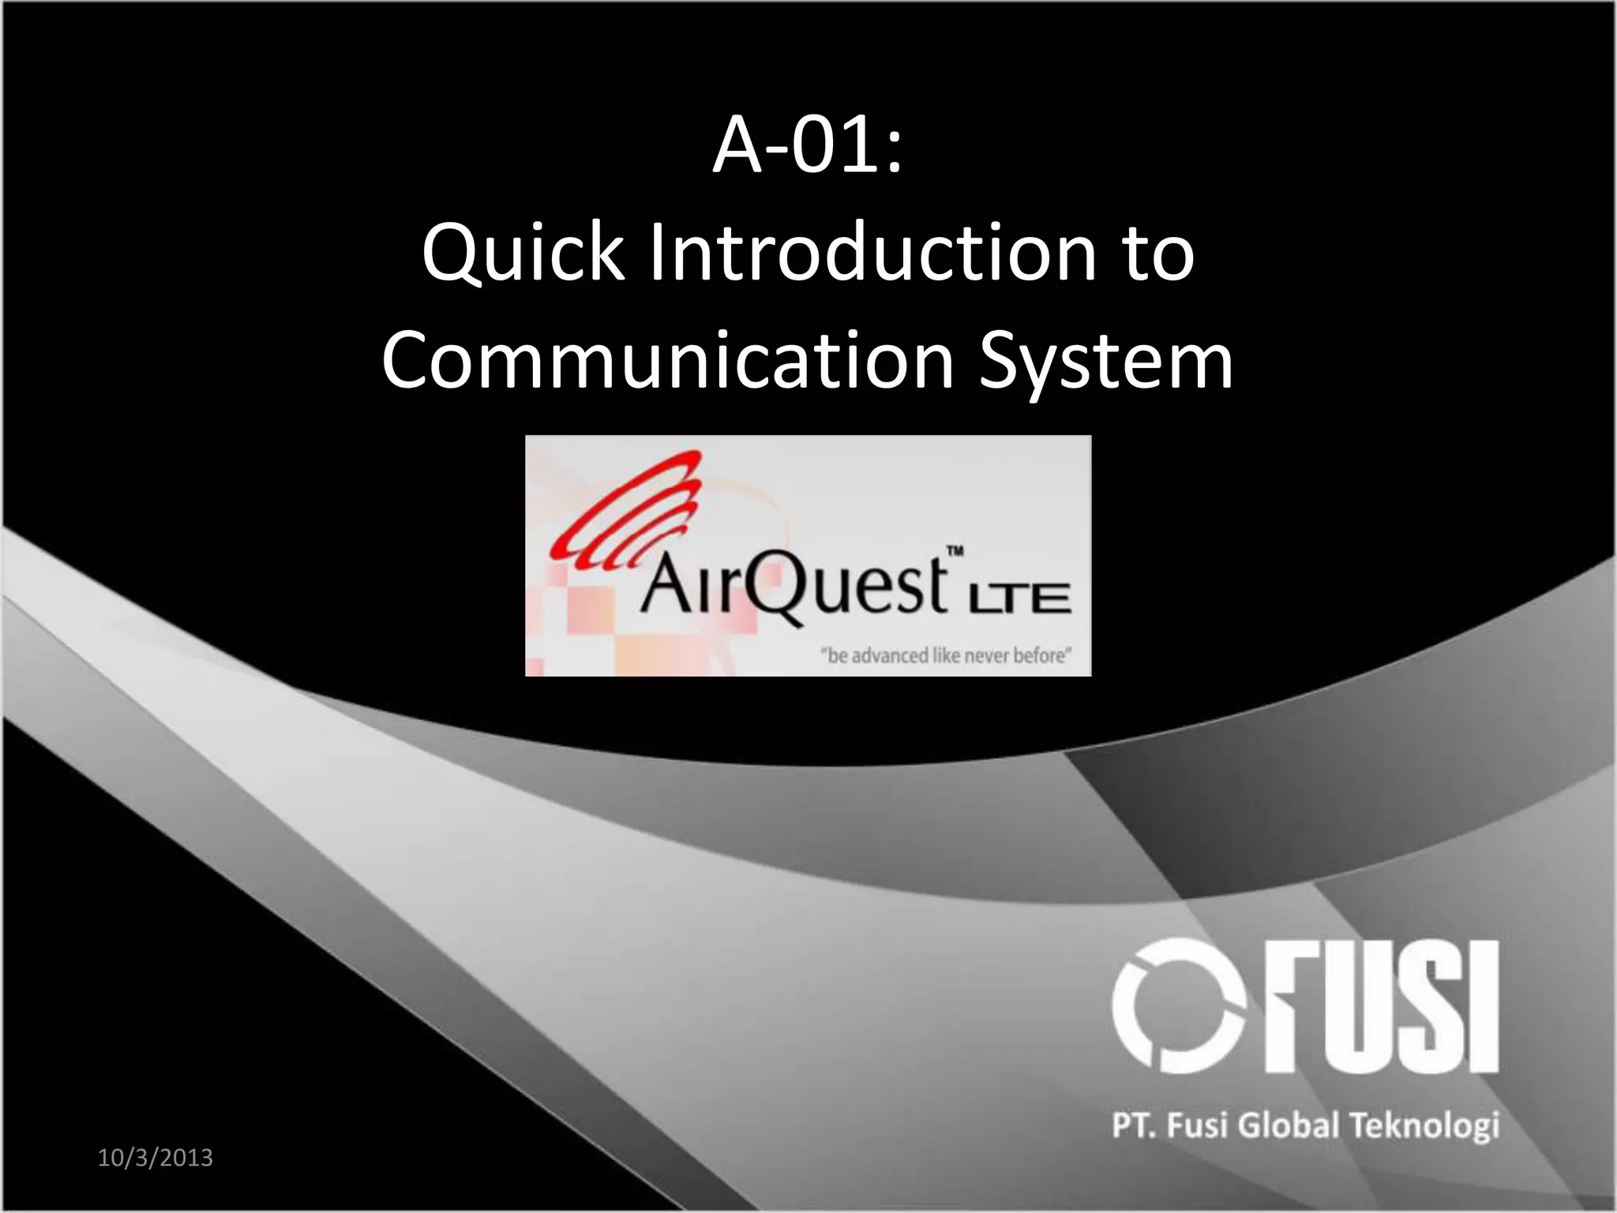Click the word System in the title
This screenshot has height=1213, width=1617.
click(x=1105, y=364)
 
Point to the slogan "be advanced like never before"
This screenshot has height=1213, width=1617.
click(x=946, y=655)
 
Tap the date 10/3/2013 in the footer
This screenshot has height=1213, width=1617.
click(x=156, y=1159)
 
